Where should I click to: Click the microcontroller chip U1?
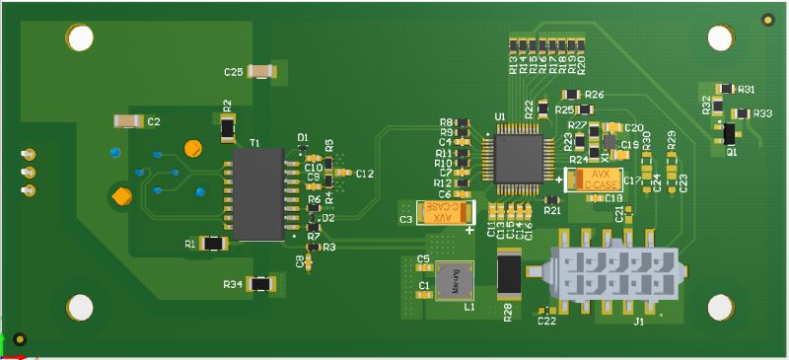coord(515,156)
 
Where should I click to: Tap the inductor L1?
coord(455,281)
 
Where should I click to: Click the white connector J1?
coord(616,275)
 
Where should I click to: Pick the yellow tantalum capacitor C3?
coord(449,214)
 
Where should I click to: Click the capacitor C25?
coord(261,71)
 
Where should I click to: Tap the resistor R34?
coord(260,284)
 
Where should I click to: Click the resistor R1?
coord(212,243)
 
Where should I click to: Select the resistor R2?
coord(228,127)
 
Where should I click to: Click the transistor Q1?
coord(730,133)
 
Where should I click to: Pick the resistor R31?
coord(725,89)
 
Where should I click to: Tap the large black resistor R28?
coord(509,273)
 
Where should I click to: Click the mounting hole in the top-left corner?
coord(80,39)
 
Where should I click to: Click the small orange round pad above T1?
coord(193,149)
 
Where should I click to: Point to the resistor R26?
coord(577,94)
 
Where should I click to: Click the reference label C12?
coord(364,174)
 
